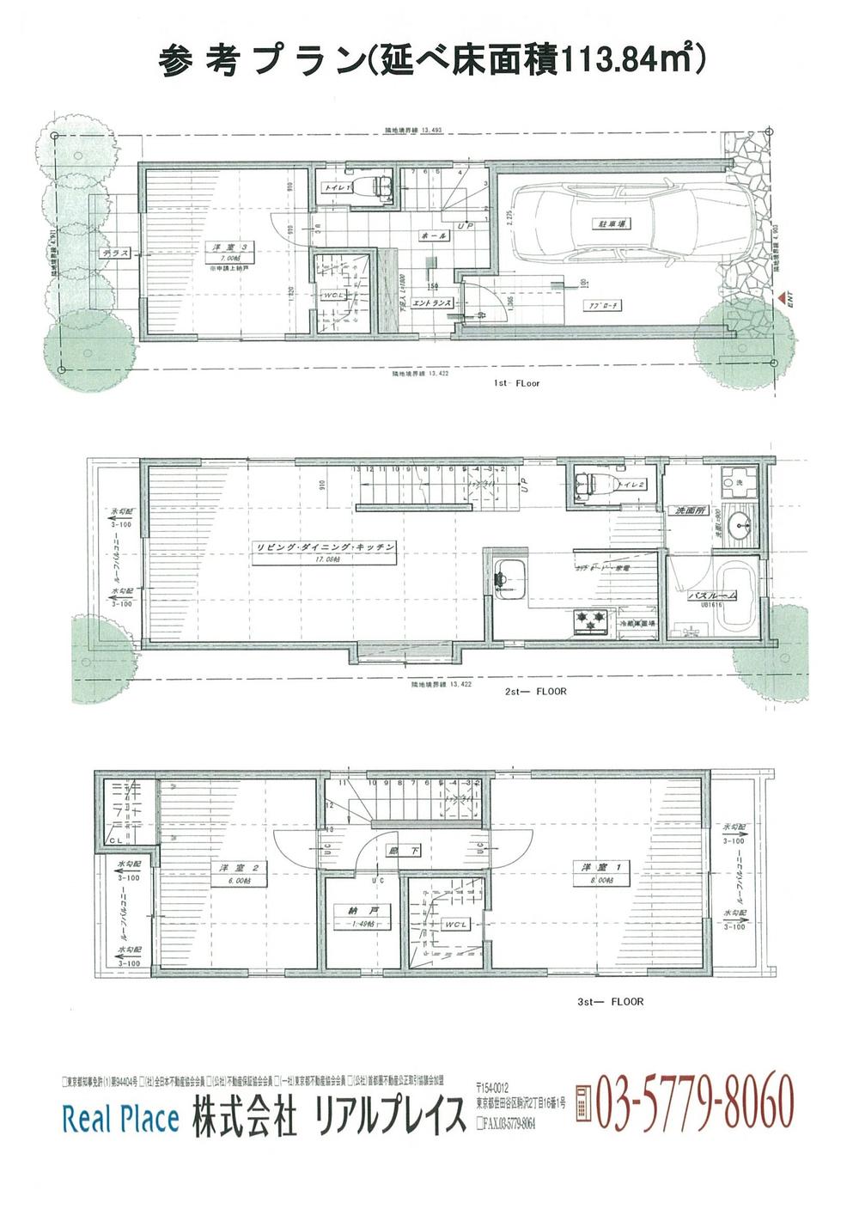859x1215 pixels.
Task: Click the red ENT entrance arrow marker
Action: [781, 297]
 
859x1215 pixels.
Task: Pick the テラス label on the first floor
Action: [113, 253]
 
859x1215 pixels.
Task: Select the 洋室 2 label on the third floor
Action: [233, 867]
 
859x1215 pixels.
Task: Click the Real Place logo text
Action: [120, 1118]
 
